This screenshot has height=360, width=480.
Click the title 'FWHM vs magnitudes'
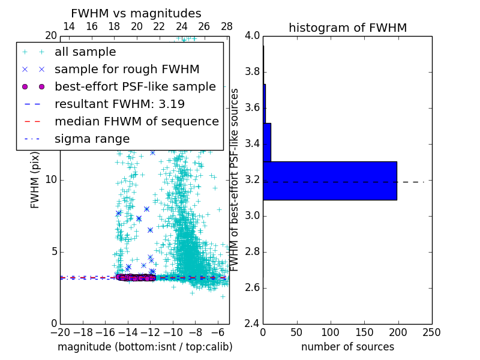point(136,13)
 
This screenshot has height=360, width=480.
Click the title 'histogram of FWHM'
point(347,28)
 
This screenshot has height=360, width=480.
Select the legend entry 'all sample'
point(85,52)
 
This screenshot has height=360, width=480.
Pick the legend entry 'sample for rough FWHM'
point(127,69)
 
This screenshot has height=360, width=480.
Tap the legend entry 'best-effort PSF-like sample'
point(135,86)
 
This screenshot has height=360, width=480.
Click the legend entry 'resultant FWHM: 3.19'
point(119,104)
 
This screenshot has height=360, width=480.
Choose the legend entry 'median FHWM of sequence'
point(136,121)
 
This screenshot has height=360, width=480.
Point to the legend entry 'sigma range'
point(92,139)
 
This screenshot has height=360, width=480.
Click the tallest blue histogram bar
point(329,180)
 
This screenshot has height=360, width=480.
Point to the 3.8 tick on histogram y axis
point(252,72)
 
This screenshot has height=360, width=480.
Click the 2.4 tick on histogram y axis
point(252,324)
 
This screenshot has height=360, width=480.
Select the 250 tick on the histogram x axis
point(431,332)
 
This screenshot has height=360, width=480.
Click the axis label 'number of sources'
point(347,347)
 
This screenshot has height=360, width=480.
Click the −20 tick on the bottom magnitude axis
point(60,332)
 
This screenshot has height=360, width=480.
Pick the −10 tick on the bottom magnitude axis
point(173,332)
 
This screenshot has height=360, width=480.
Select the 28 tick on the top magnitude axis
point(227,26)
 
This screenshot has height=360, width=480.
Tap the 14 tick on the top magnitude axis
point(69,26)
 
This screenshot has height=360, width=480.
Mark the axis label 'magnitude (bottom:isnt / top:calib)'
point(145,347)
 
